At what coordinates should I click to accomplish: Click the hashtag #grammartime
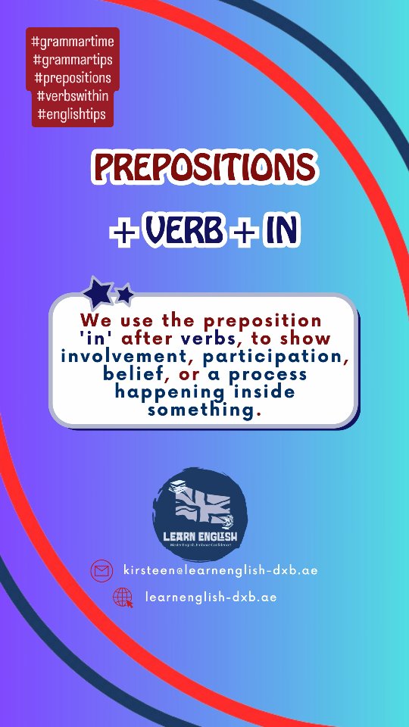pos(73,40)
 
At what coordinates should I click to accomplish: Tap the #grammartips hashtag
pos(73,58)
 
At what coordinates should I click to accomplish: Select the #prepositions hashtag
pos(73,77)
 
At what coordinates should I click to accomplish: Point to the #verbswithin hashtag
pos(73,96)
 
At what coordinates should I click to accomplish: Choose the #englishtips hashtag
pos(73,115)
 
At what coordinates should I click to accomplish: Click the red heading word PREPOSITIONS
pos(203,167)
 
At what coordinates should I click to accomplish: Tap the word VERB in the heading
pos(181,232)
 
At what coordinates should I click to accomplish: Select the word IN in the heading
pos(280,232)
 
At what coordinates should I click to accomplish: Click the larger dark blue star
pos(98,292)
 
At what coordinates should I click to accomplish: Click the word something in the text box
pos(201,410)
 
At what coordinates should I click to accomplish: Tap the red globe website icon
pos(123,598)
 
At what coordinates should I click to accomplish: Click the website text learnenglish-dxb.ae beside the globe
pos(211,598)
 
